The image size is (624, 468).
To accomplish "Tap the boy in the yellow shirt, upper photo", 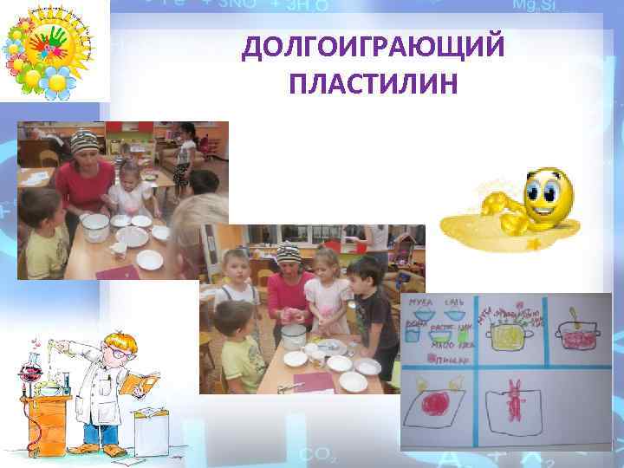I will click(x=43, y=244).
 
